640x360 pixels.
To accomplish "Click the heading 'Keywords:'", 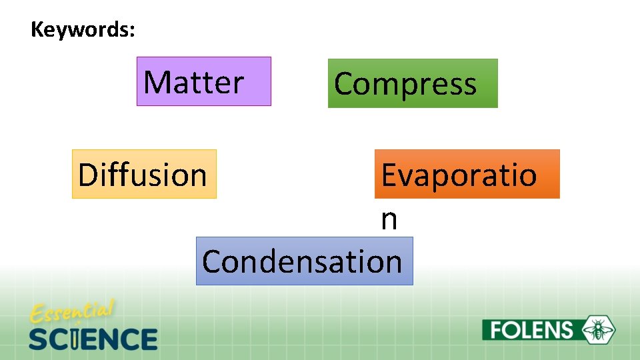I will click(83, 30).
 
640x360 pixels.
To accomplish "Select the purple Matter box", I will click(203, 81).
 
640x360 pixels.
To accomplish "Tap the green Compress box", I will click(412, 83).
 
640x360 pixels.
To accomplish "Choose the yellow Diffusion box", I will click(144, 174).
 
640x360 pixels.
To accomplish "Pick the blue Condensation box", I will click(304, 261).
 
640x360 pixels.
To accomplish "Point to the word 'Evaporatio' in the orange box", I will click(459, 175).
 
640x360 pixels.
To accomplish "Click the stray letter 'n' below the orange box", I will click(389, 220).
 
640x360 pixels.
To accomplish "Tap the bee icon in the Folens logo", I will click(599, 329).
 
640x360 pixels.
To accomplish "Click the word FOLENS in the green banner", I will click(531, 330).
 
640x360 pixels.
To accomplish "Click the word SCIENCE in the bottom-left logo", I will click(93, 339).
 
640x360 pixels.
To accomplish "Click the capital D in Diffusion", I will click(87, 175).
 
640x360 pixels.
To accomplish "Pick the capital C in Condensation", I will click(213, 261).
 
